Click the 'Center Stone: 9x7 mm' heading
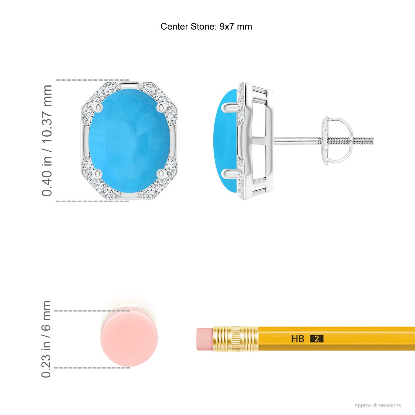pos(206,27)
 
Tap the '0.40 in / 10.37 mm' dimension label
pos(47,141)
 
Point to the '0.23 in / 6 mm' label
pos(46,339)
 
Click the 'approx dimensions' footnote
pos(378,405)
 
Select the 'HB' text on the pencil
pos(298,339)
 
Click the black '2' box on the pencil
pos(317,339)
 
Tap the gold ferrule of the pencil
pos(235,339)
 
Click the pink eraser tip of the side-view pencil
pos(204,339)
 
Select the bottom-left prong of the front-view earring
pos(97,174)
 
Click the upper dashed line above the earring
pos(93,80)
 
